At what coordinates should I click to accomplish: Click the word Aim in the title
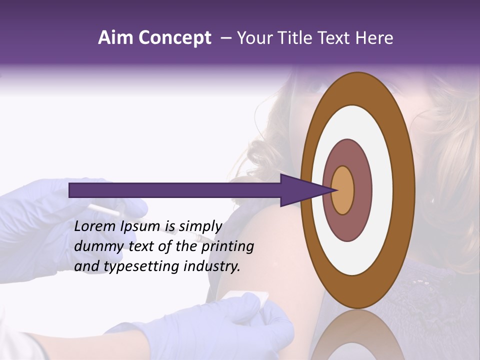[x=115, y=38]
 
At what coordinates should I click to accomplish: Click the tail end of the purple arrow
[x=71, y=190]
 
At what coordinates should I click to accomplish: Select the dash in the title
[x=226, y=38]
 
